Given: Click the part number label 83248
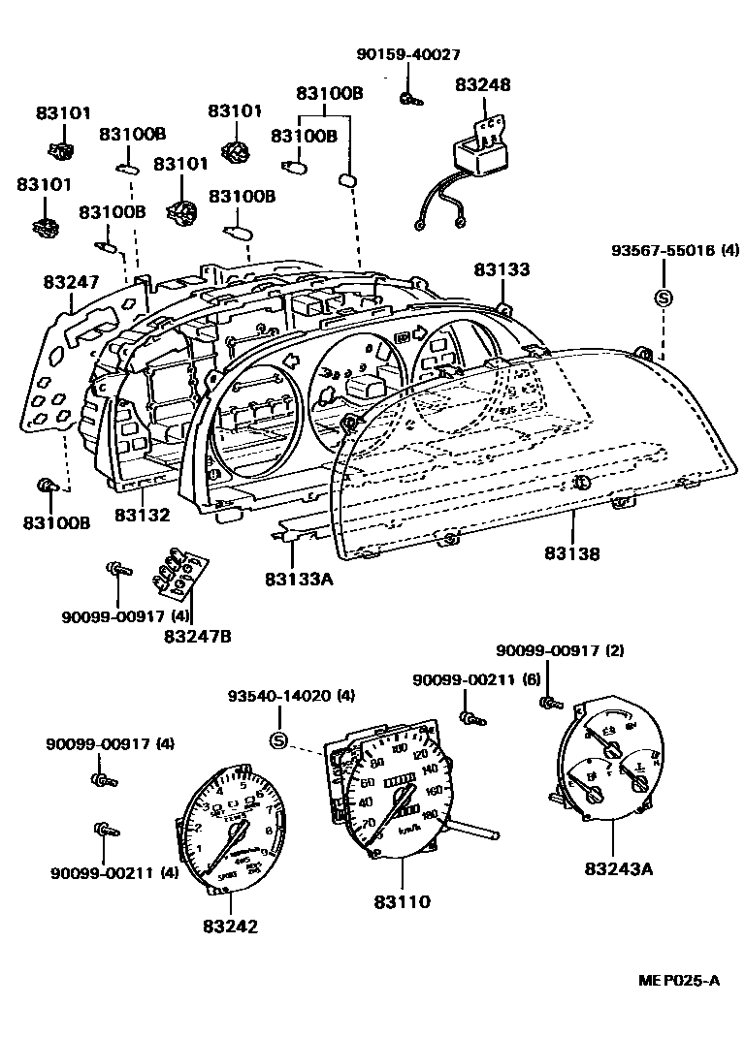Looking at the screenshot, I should (482, 85).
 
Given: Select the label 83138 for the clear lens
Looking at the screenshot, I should (571, 553).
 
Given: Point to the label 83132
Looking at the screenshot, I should (142, 516).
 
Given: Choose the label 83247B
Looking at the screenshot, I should (197, 636).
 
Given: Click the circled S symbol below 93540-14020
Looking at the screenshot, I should (278, 741).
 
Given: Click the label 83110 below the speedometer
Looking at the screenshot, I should (402, 901).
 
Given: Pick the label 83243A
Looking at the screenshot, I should (619, 867).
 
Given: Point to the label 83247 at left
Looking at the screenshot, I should (70, 282).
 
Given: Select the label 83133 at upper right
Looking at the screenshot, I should (502, 269).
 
